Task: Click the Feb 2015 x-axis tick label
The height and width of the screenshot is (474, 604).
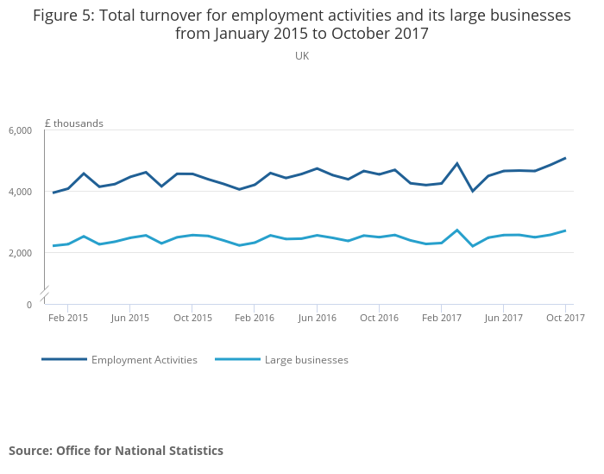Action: [68, 318]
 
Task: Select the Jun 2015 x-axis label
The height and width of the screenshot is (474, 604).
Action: [130, 318]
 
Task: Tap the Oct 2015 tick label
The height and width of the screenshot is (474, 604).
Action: [192, 318]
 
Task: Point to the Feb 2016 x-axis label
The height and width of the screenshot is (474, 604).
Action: [255, 318]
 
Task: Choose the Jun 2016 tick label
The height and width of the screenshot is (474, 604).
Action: [317, 318]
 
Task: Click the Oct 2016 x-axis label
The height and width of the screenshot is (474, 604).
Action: [379, 318]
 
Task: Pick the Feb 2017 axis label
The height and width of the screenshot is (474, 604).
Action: [441, 318]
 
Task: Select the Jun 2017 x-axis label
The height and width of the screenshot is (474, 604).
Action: [503, 318]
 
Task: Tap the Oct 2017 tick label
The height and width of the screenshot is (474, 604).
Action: [565, 318]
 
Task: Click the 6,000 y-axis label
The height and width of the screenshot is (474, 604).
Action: [20, 130]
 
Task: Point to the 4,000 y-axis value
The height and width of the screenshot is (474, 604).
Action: [20, 192]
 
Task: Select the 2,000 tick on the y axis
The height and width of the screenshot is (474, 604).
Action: [20, 253]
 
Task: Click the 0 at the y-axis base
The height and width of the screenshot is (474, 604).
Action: [28, 305]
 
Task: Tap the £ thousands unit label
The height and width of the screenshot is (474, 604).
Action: [73, 123]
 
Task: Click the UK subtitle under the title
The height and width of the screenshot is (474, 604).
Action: [302, 56]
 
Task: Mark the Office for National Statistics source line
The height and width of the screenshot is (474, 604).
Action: [116, 451]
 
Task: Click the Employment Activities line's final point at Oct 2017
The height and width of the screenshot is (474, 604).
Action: [565, 158]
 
